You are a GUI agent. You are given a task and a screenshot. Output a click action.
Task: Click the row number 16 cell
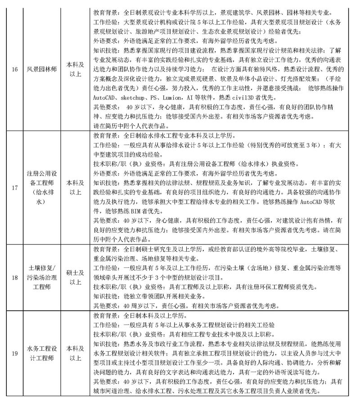14,69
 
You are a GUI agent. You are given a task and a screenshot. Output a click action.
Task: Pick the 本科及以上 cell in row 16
74,69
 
